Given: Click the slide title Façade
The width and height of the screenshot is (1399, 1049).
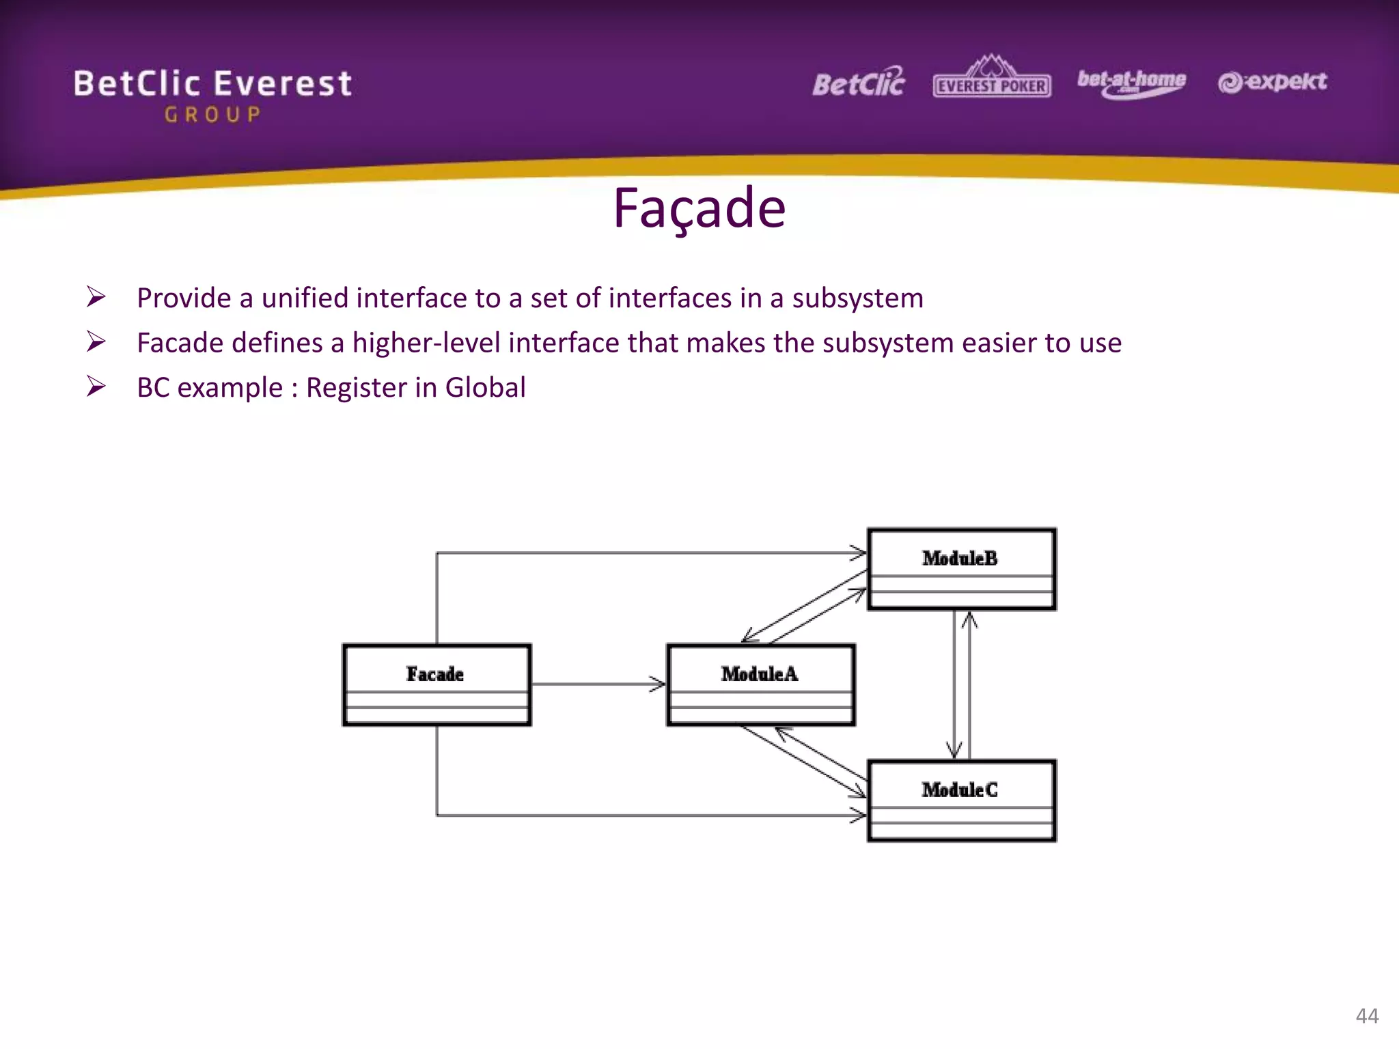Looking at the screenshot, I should pyautogui.click(x=699, y=208).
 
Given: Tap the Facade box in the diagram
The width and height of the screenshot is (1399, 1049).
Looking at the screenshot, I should pyautogui.click(x=437, y=684).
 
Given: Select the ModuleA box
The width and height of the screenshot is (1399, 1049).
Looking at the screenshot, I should pyautogui.click(x=760, y=684).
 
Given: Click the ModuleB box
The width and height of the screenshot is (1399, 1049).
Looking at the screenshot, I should pyautogui.click(x=961, y=568).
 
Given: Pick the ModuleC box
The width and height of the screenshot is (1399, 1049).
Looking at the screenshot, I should pyautogui.click(x=961, y=800).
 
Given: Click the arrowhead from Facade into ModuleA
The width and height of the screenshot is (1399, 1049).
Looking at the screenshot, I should pyautogui.click(x=658, y=684).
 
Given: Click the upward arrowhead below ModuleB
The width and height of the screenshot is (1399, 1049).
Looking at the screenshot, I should pyautogui.click(x=969, y=619).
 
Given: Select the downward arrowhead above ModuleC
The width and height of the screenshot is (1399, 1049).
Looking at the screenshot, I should pyautogui.click(x=954, y=750).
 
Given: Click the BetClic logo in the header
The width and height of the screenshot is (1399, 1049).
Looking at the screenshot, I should pyautogui.click(x=858, y=83).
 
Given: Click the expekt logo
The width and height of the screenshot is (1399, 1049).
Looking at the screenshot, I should pyautogui.click(x=1272, y=82).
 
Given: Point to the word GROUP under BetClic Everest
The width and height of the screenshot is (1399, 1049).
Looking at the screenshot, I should pyautogui.click(x=212, y=115).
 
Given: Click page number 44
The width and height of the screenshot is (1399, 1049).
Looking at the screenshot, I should pyautogui.click(x=1367, y=1016).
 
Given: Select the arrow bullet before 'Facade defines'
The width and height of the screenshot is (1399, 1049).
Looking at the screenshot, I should pyautogui.click(x=96, y=341).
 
